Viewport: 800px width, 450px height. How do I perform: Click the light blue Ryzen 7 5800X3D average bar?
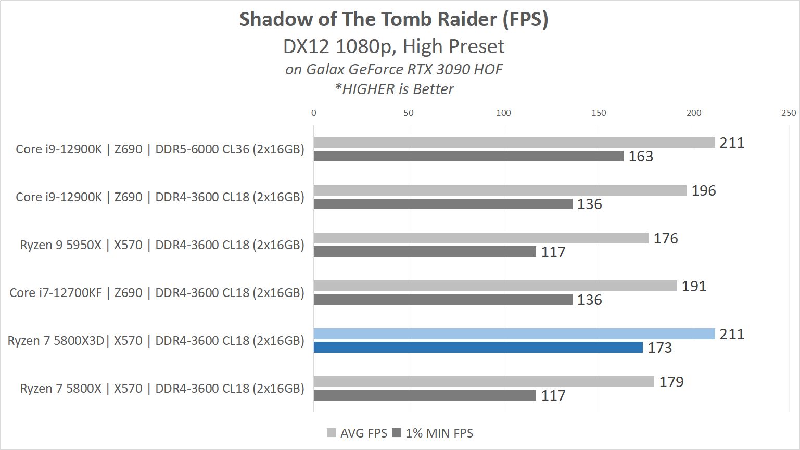click(x=514, y=334)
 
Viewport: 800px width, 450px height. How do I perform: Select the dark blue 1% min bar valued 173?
click(x=478, y=348)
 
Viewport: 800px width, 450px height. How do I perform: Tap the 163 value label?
click(x=640, y=157)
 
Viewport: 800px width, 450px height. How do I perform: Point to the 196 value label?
click(x=704, y=191)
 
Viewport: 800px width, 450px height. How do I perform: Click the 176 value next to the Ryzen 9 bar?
click(x=666, y=239)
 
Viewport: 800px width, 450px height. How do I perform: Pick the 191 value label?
click(x=694, y=287)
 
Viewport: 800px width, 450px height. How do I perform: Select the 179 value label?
click(x=671, y=382)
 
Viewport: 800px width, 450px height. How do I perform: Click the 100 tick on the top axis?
click(x=503, y=113)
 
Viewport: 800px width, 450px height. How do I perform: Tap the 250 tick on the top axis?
click(x=788, y=113)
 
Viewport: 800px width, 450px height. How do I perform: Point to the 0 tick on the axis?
click(x=313, y=113)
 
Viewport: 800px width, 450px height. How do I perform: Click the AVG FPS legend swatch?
click(x=331, y=433)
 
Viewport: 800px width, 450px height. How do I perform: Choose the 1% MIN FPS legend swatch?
click(x=397, y=433)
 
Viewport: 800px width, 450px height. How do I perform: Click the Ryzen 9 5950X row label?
click(x=162, y=245)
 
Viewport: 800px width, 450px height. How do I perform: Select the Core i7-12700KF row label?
click(x=157, y=293)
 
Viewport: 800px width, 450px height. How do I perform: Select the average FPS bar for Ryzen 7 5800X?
click(x=484, y=382)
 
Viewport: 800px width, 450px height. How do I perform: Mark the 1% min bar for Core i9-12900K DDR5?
click(x=468, y=156)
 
